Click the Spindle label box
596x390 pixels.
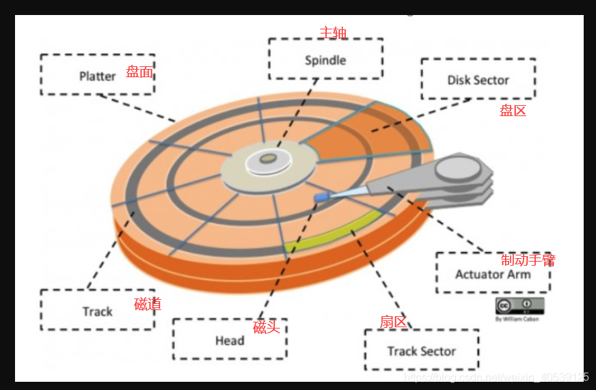click(x=325, y=59)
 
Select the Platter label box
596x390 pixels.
click(x=97, y=75)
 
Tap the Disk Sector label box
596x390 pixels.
click(x=478, y=79)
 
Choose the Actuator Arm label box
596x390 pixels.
click(x=492, y=274)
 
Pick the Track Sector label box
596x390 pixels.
click(x=421, y=351)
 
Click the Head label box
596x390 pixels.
click(x=229, y=340)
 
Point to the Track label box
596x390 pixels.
click(x=97, y=311)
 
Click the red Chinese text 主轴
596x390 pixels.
click(x=334, y=32)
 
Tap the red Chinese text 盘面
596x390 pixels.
click(x=139, y=72)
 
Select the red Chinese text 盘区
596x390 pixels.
click(x=513, y=110)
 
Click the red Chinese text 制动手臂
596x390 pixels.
click(x=528, y=260)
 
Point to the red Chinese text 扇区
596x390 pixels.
click(x=393, y=322)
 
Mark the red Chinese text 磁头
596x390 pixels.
click(x=267, y=327)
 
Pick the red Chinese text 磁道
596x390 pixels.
click(x=148, y=305)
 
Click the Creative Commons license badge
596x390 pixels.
click(x=519, y=305)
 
